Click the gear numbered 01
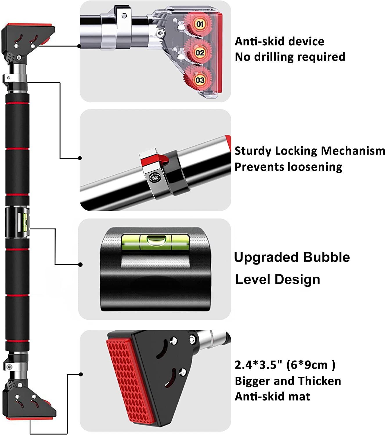point(199,24)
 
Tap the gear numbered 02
point(199,52)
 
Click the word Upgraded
point(266,258)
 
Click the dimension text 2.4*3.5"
point(258,365)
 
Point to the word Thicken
point(320,381)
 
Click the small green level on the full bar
point(26,223)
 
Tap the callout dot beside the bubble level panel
point(80,264)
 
